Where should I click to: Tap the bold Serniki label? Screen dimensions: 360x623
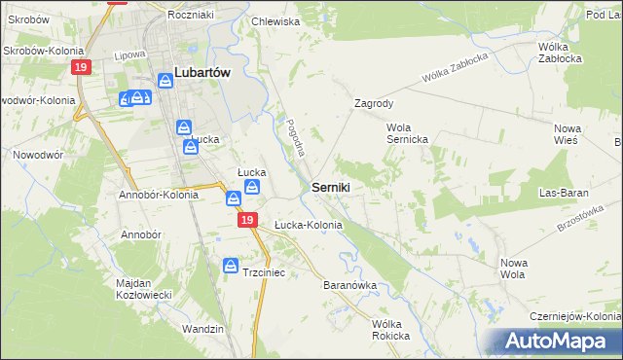(x=332, y=186)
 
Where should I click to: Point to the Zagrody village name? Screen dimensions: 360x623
(x=374, y=102)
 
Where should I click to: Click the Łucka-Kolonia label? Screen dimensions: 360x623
(x=308, y=225)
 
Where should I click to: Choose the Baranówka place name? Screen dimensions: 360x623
(x=349, y=286)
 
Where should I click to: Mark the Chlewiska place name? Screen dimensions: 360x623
(x=275, y=20)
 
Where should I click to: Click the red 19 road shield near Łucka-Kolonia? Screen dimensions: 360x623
(x=247, y=222)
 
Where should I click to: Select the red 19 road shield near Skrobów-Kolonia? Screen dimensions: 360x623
(x=81, y=66)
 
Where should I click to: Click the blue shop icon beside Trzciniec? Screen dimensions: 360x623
(x=232, y=265)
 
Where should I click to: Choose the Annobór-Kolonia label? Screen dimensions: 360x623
(x=158, y=194)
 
